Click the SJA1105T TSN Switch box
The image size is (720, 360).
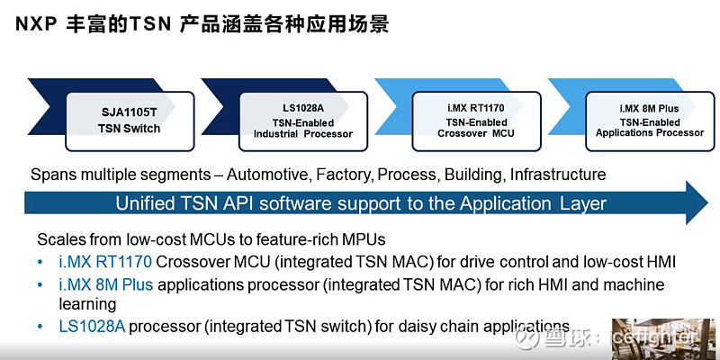pyautogui.click(x=129, y=121)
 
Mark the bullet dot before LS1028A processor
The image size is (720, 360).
pyautogui.click(x=40, y=327)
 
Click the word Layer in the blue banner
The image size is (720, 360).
pyautogui.click(x=582, y=203)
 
